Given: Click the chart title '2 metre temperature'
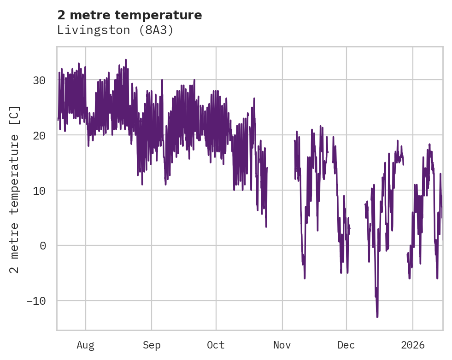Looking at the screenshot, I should (x=129, y=15).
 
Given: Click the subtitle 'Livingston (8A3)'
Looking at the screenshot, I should (x=115, y=30).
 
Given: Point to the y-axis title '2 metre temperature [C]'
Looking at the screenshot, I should (x=15, y=189).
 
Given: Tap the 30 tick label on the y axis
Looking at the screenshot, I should (x=39, y=80).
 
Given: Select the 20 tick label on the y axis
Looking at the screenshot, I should (x=39, y=135).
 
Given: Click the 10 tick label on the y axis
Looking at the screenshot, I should (x=39, y=191).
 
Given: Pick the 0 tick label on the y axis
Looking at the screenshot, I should (x=42, y=246).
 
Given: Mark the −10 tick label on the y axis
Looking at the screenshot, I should (x=36, y=301).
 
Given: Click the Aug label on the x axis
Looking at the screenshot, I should (x=85, y=345).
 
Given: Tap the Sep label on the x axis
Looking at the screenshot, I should (x=151, y=345).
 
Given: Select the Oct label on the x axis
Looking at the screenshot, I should (x=216, y=345).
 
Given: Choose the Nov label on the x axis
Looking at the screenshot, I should (x=282, y=345).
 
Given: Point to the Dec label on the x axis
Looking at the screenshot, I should (x=346, y=345).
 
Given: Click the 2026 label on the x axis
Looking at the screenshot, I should (x=413, y=345).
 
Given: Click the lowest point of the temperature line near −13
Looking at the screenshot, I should (x=377, y=317).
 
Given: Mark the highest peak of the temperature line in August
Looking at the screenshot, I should (x=125, y=59).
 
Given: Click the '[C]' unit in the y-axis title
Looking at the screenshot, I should (x=15, y=115).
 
